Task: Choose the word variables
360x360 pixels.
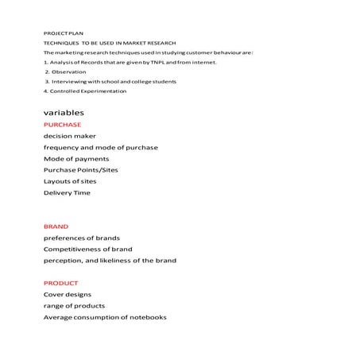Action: point(64,113)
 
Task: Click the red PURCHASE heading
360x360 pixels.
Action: point(63,125)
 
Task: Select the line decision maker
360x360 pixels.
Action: point(70,136)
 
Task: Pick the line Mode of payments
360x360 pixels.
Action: point(76,158)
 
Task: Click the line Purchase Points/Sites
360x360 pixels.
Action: point(80,170)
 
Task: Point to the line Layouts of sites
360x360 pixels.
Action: point(70,181)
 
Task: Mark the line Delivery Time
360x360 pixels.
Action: point(67,192)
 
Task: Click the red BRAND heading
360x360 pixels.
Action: point(56,226)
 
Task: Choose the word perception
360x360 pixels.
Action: point(64,260)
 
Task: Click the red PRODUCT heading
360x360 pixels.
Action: point(60,283)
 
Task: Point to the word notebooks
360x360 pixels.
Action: point(145,317)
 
